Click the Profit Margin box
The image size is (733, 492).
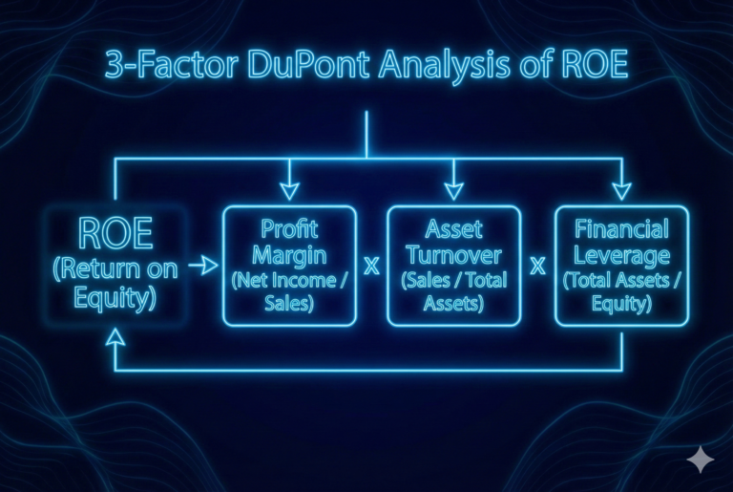click(x=289, y=266)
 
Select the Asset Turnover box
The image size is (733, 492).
click(x=453, y=266)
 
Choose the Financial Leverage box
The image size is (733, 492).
click(x=621, y=266)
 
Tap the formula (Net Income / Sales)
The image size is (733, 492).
click(x=289, y=291)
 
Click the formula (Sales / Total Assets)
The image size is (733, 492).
click(x=453, y=291)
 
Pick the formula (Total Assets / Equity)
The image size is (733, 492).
click(x=621, y=291)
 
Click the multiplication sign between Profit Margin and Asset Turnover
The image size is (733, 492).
click(x=371, y=267)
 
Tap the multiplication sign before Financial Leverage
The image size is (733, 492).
click(x=537, y=267)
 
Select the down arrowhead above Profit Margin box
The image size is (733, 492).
click(x=289, y=189)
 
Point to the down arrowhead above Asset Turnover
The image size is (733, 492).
click(x=453, y=189)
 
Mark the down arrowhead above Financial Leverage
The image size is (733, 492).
click(x=621, y=189)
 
